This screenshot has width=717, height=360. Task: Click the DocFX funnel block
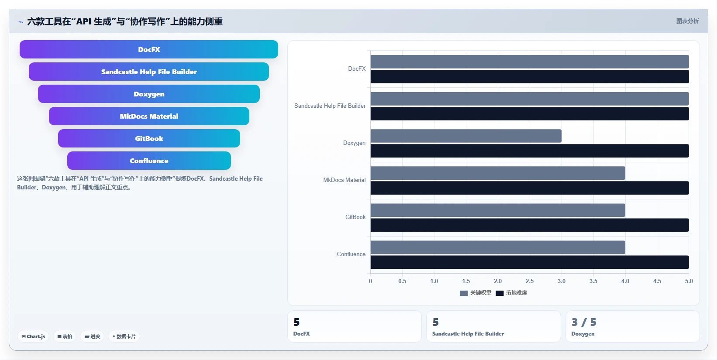click(149, 49)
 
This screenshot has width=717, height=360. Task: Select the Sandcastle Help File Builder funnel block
click(149, 72)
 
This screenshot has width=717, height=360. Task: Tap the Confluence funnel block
click(149, 161)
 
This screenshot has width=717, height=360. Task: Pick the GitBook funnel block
click(149, 138)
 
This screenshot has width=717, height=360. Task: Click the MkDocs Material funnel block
click(149, 116)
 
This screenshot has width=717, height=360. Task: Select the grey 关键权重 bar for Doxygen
click(466, 136)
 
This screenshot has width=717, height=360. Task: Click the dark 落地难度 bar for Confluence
click(530, 262)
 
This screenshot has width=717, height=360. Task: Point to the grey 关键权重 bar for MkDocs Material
click(498, 173)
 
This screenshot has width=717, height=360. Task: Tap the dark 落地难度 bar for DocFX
click(530, 76)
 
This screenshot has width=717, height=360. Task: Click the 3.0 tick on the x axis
click(562, 281)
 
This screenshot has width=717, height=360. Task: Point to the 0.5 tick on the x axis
click(402, 281)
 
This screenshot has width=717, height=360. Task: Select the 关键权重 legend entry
click(476, 293)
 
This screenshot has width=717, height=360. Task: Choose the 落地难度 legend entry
click(511, 293)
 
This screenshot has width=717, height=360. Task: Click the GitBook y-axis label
click(355, 217)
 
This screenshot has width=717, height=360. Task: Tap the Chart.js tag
click(33, 336)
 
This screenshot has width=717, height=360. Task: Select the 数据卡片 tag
click(124, 336)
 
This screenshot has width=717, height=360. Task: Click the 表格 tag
click(65, 336)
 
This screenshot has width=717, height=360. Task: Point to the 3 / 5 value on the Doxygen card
click(584, 322)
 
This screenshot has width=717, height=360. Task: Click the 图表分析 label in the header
click(688, 21)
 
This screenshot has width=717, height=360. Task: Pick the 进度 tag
click(92, 336)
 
